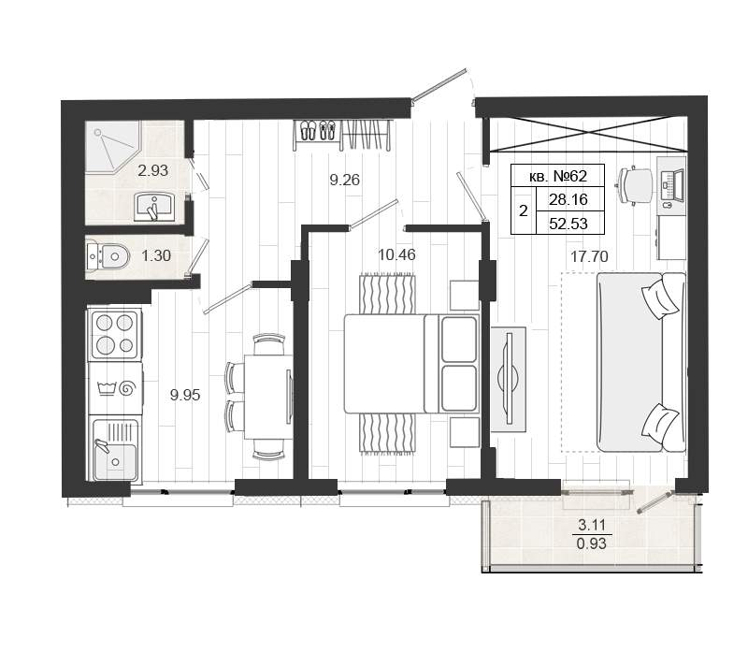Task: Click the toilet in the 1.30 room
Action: (x=108, y=257)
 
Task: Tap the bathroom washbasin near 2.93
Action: (x=154, y=207)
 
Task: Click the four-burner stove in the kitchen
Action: (x=115, y=334)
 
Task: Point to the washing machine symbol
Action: (x=115, y=388)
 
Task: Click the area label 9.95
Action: (x=185, y=395)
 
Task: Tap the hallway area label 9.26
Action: (x=344, y=180)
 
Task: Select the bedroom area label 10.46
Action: (x=396, y=254)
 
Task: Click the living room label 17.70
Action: (x=590, y=257)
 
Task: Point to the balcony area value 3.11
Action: (x=592, y=526)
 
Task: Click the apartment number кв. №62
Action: (x=557, y=176)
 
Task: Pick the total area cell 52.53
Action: (x=568, y=224)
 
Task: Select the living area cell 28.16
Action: (x=568, y=199)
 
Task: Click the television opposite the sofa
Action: (x=509, y=379)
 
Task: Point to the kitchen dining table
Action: (x=268, y=397)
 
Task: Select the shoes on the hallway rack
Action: (x=318, y=130)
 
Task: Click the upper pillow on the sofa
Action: (x=661, y=298)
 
